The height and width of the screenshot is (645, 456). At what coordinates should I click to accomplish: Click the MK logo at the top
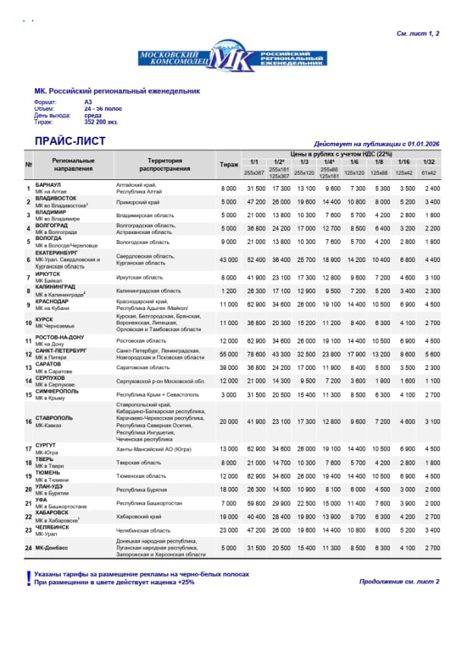[231, 58]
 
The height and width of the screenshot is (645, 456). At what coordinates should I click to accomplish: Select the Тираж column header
[229, 164]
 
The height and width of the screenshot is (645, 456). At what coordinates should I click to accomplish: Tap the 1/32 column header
[431, 162]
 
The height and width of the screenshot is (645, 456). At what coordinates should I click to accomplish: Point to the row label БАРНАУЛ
[49, 185]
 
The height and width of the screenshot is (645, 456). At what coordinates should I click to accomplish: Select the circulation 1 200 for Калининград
[229, 291]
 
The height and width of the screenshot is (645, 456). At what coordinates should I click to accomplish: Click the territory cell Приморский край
[137, 202]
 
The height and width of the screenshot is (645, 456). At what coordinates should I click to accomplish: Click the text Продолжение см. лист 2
[398, 581]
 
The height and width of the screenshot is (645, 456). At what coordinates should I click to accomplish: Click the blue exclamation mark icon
[27, 577]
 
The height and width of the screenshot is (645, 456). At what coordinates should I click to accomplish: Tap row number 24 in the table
[28, 548]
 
